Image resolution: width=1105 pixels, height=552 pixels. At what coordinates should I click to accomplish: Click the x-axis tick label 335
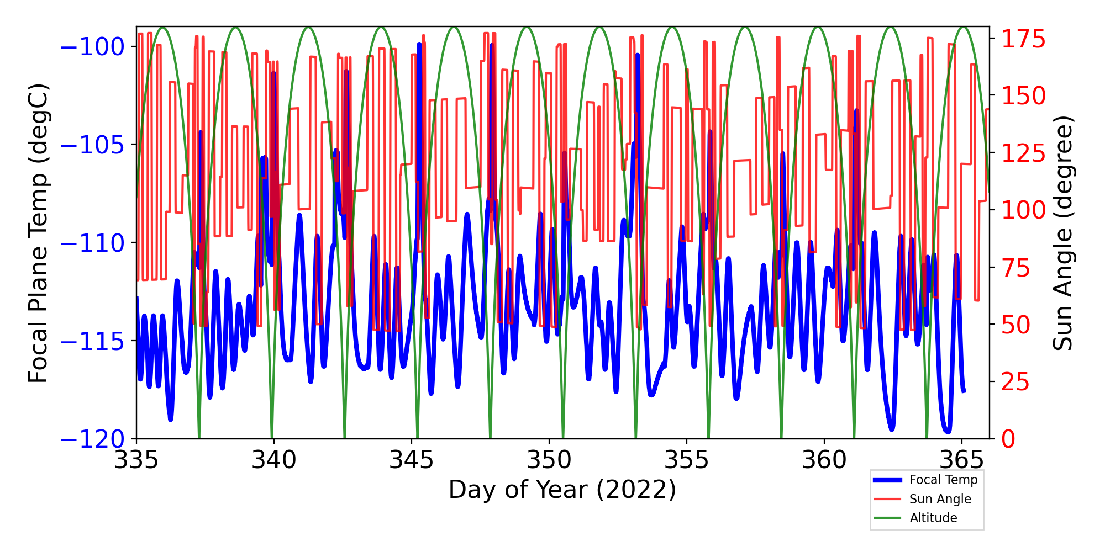tap(136, 459)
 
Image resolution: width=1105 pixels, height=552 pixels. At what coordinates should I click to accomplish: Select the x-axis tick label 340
tap(273, 459)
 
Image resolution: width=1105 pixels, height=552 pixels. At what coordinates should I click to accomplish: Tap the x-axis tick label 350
tap(549, 459)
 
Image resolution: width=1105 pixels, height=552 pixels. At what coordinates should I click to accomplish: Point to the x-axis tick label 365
tap(962, 459)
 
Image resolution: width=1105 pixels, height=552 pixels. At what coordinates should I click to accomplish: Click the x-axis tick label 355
tap(686, 459)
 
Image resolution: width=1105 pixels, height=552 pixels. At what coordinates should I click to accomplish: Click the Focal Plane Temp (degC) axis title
tap(39, 233)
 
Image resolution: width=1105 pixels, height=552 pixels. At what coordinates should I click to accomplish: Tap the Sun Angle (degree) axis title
tap(1062, 233)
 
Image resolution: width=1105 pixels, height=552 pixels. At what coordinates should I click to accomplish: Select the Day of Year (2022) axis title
tap(562, 490)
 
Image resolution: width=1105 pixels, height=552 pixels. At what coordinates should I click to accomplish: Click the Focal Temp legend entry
tap(943, 480)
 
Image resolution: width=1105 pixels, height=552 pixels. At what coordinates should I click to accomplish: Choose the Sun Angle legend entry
tap(940, 499)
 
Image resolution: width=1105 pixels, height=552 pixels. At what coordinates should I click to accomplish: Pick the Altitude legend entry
tap(933, 518)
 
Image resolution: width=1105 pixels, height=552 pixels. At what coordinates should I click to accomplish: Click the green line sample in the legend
tap(887, 518)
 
